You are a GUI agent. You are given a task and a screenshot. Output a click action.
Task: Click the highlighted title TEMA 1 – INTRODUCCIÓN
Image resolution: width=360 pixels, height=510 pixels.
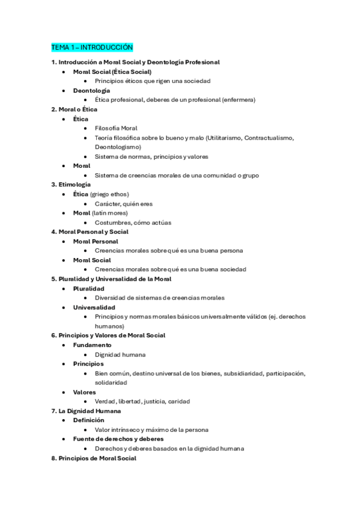pyautogui.click(x=92, y=47)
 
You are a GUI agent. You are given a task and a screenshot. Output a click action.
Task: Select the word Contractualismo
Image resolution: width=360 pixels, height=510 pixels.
pyautogui.click(x=269, y=138)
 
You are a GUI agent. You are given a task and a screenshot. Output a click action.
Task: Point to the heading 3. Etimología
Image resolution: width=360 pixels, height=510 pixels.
pyautogui.click(x=71, y=185)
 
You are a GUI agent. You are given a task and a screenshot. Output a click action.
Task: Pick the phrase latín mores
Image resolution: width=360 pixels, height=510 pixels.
pyautogui.click(x=110, y=213)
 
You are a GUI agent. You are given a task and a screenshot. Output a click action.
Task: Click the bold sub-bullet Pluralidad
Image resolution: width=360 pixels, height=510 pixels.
pyautogui.click(x=88, y=289)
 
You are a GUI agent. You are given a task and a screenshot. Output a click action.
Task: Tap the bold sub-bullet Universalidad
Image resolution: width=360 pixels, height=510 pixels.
pyautogui.click(x=94, y=307)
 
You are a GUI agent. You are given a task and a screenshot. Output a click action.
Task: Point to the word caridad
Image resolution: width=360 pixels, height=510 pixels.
pyautogui.click(x=179, y=402)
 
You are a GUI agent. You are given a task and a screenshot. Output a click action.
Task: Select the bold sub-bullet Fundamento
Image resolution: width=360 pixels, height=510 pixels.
pyautogui.click(x=92, y=345)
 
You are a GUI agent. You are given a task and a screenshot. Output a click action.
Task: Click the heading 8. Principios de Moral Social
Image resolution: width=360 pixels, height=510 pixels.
pyautogui.click(x=94, y=458)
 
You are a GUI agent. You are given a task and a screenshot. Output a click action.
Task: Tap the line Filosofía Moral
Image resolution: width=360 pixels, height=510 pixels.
pyautogui.click(x=116, y=128)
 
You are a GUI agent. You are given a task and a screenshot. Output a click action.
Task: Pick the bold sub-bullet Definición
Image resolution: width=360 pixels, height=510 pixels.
pyautogui.click(x=88, y=420)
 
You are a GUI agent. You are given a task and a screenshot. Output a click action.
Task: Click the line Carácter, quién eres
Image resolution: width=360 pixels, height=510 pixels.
pyautogui.click(x=124, y=204)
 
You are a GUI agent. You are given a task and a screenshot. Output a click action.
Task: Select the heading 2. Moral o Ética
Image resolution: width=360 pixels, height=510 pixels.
pyautogui.click(x=74, y=109)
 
